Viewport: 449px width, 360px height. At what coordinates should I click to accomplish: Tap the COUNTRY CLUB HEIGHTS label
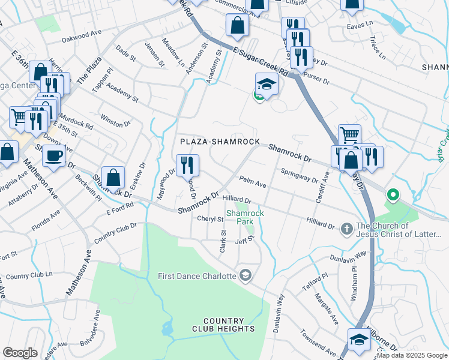point(224,325)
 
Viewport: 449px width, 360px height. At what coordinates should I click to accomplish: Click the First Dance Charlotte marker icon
point(245,276)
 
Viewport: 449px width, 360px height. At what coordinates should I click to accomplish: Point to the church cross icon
point(346,229)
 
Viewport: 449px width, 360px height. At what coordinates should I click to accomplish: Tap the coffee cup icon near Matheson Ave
point(53,156)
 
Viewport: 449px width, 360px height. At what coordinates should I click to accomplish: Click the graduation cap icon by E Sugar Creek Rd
point(267,84)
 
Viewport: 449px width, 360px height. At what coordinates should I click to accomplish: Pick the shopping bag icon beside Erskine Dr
point(113,178)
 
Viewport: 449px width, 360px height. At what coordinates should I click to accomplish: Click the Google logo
point(20,353)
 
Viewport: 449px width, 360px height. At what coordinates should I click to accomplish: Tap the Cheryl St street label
point(210,219)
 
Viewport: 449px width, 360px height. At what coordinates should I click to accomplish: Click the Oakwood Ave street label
point(81,36)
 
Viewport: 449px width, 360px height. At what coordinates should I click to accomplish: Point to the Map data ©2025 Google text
point(412,355)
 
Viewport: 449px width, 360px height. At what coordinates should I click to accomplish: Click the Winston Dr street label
point(115,119)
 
